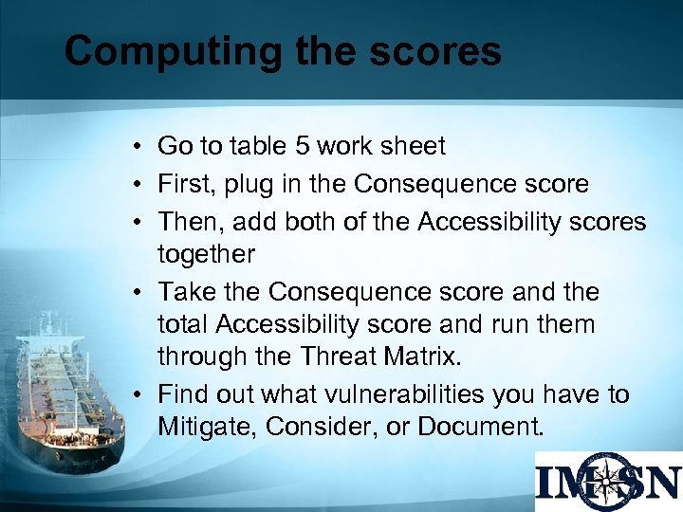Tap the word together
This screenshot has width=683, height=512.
point(206,253)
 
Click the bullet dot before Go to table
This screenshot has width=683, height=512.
point(138,147)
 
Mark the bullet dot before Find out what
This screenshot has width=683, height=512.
point(138,394)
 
